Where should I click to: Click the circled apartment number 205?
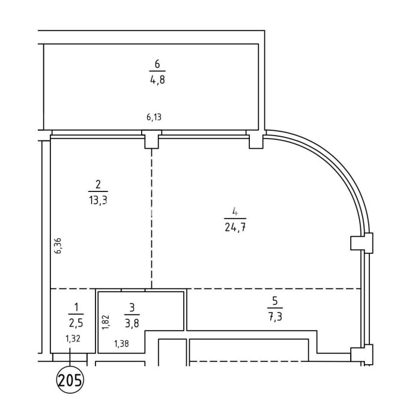point(70,380)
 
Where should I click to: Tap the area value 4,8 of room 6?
point(157,80)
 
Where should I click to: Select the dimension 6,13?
point(154,117)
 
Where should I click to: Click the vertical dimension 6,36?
point(58,245)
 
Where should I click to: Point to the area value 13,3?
point(98,200)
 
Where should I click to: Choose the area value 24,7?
point(235,227)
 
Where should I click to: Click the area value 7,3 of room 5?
point(275,317)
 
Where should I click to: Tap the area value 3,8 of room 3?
point(132,323)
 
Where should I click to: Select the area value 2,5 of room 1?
point(76,323)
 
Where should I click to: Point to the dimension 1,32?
point(73,339)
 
